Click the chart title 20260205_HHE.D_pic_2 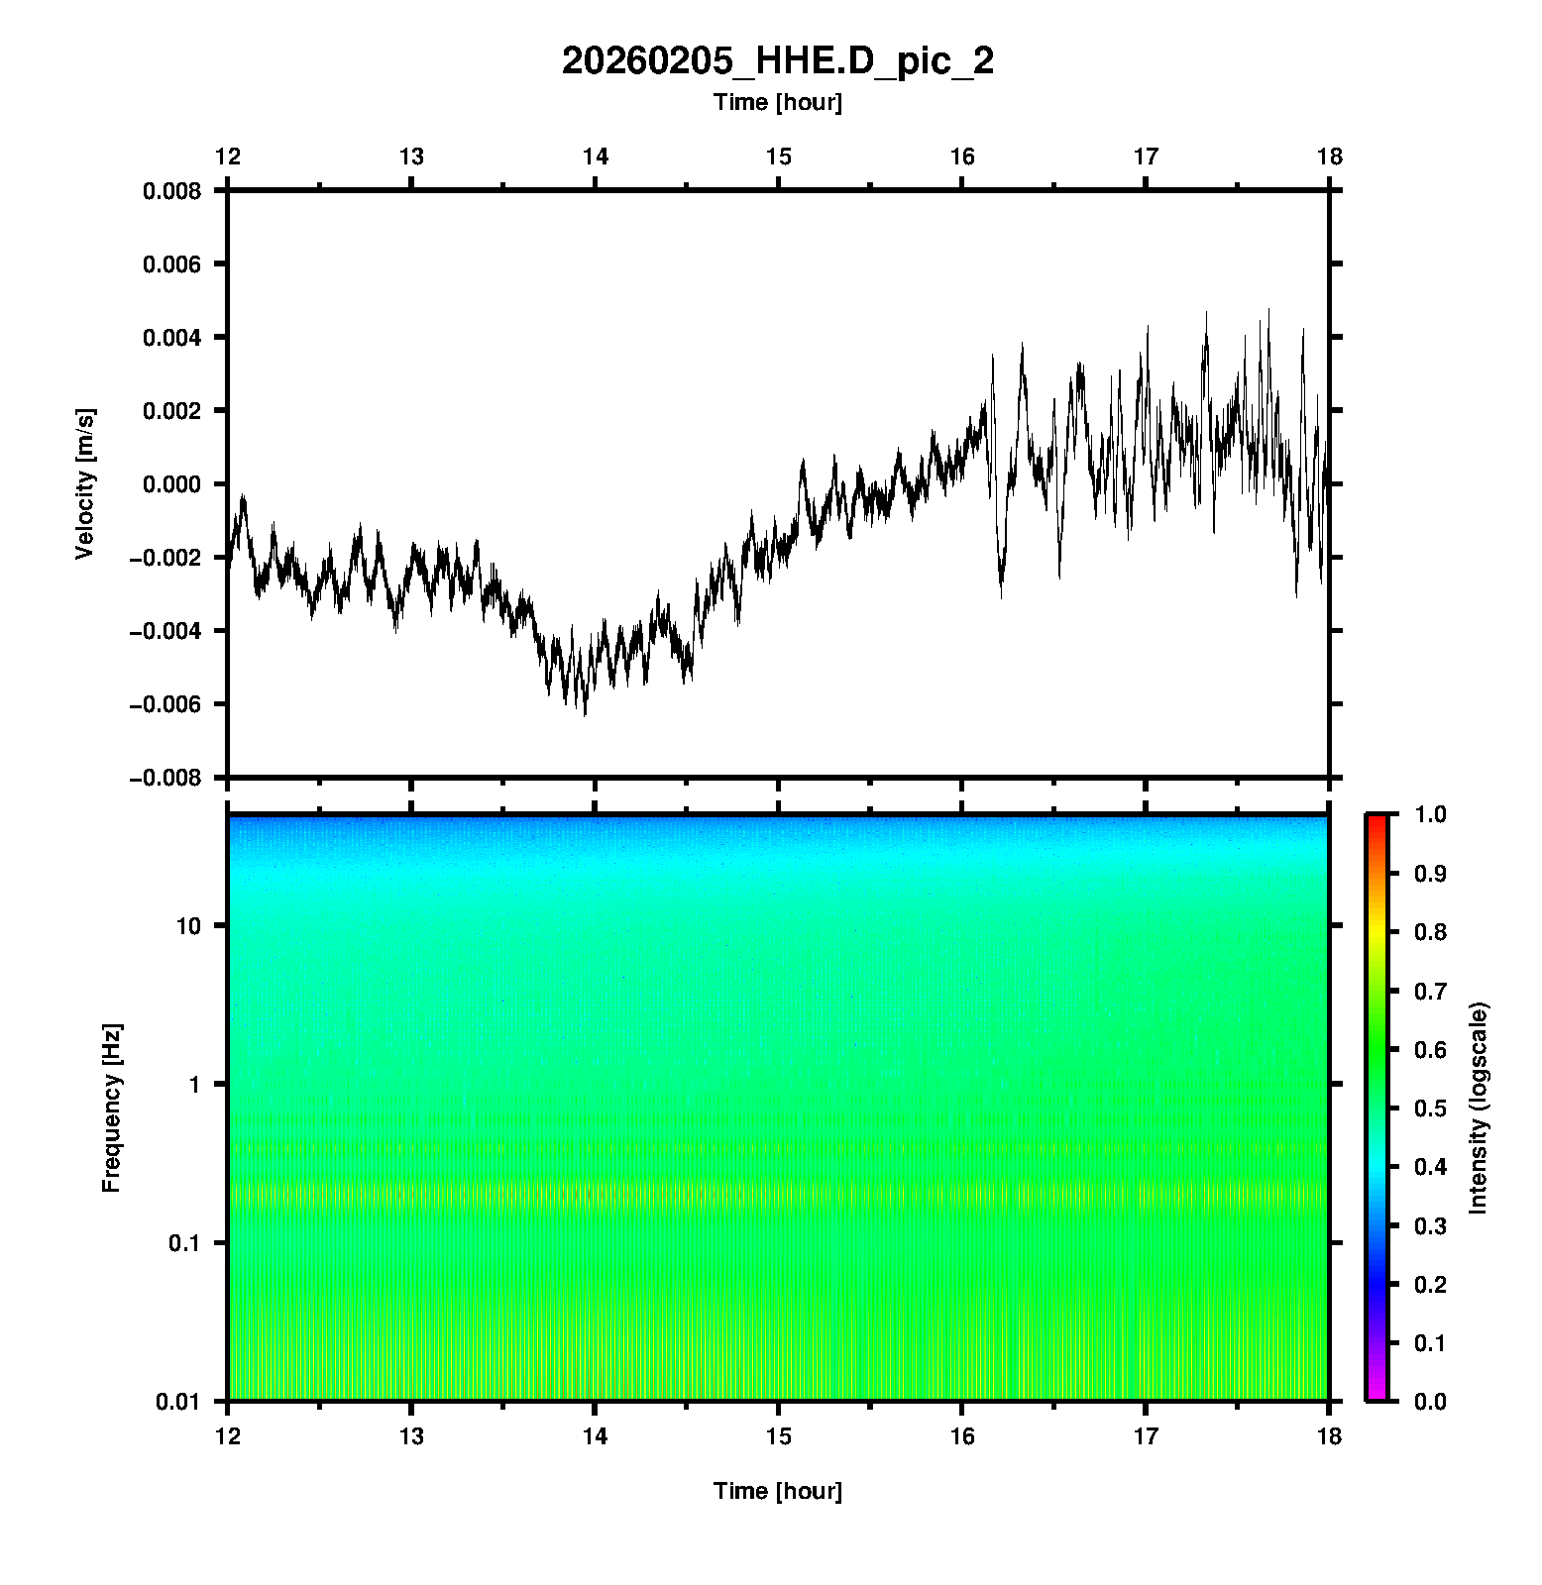pos(777,61)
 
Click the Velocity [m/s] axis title pos(85,483)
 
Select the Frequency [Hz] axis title pos(111,1108)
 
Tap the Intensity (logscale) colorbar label pos(1479,1108)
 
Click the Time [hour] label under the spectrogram pos(777,1491)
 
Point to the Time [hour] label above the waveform pos(777,102)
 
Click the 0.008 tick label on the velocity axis pos(171,191)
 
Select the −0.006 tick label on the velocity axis pos(165,704)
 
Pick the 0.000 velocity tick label pos(171,484)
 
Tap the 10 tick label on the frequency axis pos(188,926)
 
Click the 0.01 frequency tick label pos(178,1401)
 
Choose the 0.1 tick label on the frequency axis pos(183,1243)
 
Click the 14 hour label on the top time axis pos(595,157)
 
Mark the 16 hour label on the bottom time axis pos(962,1436)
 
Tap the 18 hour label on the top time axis pos(1329,157)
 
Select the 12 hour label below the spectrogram pos(228,1436)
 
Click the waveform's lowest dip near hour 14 pos(585,713)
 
